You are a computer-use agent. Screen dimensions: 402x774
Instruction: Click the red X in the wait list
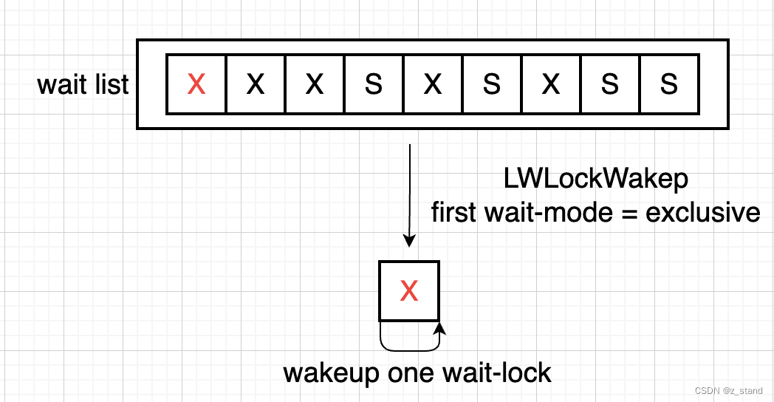click(x=196, y=85)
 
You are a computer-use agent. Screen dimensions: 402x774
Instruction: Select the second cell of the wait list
click(x=255, y=85)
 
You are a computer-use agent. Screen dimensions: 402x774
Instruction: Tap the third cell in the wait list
click(x=314, y=85)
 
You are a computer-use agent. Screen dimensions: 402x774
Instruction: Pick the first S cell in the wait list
click(x=373, y=85)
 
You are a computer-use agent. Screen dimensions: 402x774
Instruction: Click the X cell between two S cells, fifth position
click(x=432, y=85)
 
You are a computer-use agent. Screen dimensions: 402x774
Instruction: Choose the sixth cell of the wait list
click(x=491, y=85)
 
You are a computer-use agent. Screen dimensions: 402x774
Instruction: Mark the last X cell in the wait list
click(x=550, y=85)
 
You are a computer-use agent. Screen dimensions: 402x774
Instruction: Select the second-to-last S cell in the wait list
click(x=609, y=85)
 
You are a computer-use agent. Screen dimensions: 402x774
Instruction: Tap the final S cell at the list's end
click(x=668, y=85)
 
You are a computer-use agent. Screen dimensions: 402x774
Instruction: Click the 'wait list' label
click(x=83, y=85)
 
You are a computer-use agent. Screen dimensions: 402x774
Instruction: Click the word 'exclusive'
click(x=702, y=212)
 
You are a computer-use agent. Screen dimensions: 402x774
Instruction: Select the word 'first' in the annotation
click(x=455, y=212)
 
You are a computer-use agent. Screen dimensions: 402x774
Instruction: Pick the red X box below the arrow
click(x=409, y=291)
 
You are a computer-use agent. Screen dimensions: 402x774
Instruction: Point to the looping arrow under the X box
click(x=410, y=340)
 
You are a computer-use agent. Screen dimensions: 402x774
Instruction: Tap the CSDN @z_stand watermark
click(x=728, y=390)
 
